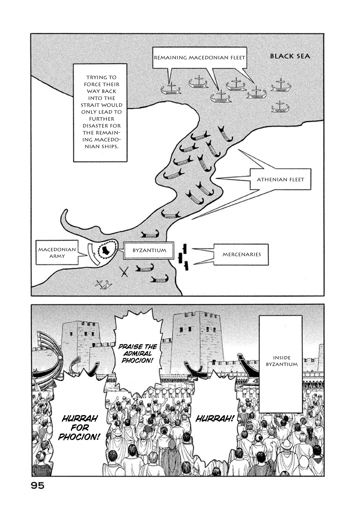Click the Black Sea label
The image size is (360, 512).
coord(290,56)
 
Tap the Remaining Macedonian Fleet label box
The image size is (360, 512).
coord(199,58)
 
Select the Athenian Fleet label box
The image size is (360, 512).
coord(280,179)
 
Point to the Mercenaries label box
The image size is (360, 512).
coord(242,254)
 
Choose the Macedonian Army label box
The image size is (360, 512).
coord(57,253)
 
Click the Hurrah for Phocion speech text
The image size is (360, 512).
coord(80,428)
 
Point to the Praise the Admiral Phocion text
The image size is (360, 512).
coord(138,353)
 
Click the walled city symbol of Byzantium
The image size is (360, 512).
coord(107,249)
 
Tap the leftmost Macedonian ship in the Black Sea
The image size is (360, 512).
coord(171,89)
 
